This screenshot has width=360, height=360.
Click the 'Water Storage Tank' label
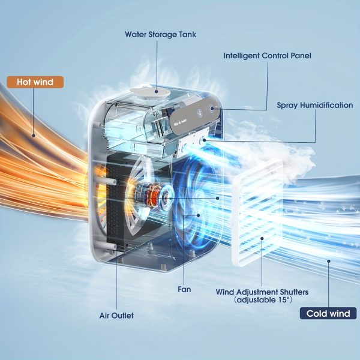coord(160,34)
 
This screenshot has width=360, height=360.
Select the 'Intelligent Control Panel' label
coord(267,56)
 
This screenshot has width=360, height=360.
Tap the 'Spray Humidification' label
coord(314,105)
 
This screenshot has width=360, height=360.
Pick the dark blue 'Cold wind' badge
coord(328,313)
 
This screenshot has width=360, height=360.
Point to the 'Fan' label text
coord(184,289)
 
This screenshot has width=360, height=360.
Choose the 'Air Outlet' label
coord(116,315)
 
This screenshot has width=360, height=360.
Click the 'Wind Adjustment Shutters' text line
coord(262,292)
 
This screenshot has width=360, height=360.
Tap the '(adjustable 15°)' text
coord(262,300)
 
